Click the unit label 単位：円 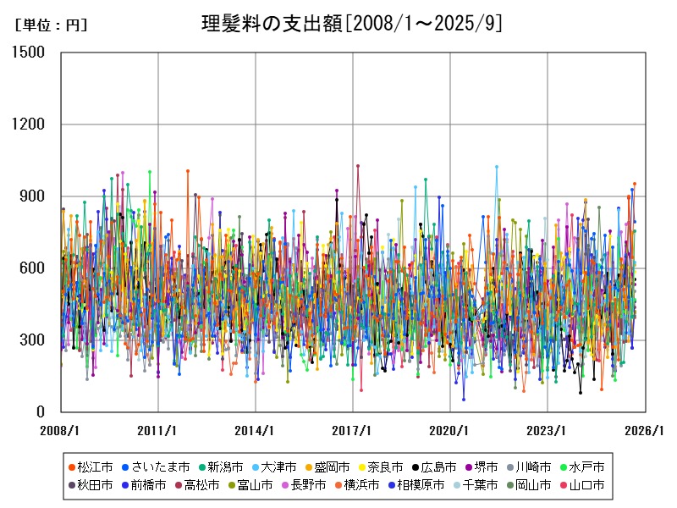[x=51, y=25]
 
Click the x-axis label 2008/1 [x=61, y=430]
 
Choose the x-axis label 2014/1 [x=255, y=430]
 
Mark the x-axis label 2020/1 [x=449, y=430]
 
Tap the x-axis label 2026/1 [x=644, y=430]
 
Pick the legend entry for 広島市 [x=432, y=467]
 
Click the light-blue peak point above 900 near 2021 [x=497, y=167]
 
